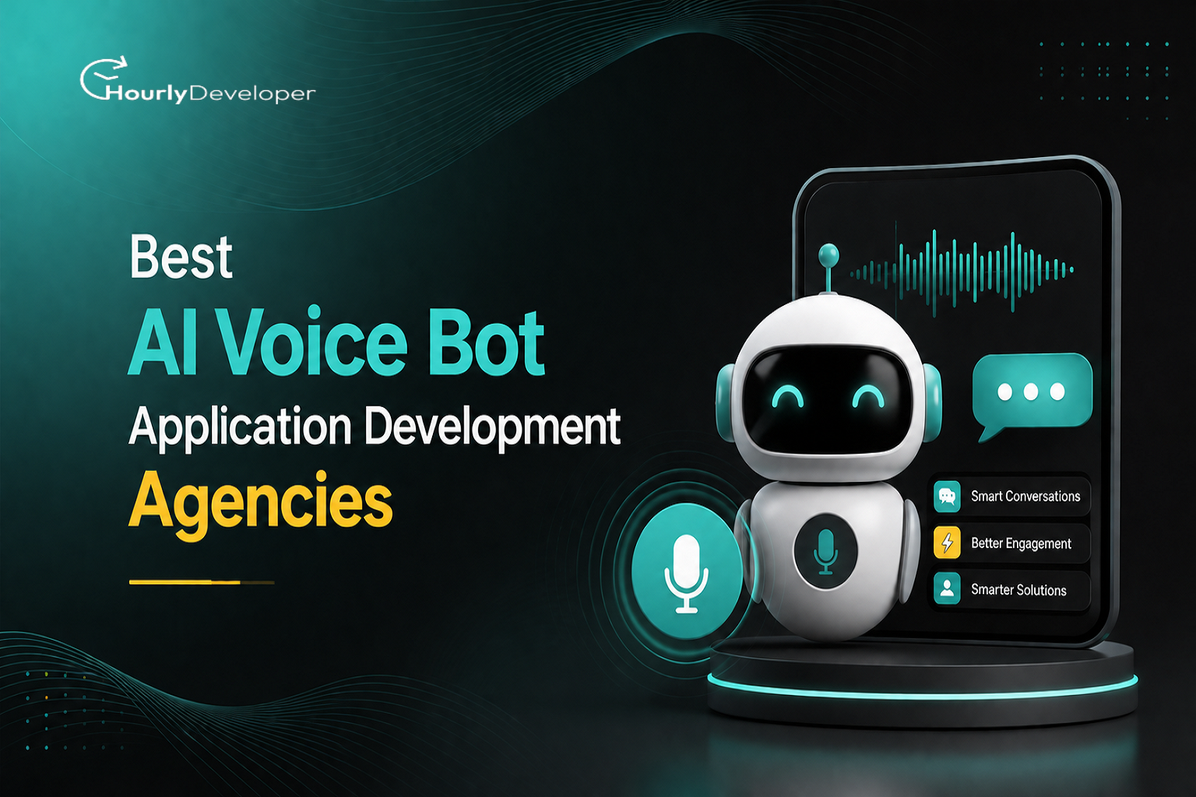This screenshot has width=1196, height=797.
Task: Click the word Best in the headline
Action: (x=181, y=257)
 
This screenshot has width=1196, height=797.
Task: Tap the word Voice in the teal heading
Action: (x=314, y=342)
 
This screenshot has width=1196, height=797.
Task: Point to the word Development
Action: (x=492, y=427)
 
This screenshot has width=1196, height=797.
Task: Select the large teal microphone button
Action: (x=687, y=571)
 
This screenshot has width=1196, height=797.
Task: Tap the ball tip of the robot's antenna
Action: (x=828, y=254)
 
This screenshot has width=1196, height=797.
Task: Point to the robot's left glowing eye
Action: (x=787, y=397)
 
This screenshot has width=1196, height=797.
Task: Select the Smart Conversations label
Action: (x=1025, y=497)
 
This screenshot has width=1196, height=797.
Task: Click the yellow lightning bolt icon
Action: (x=947, y=543)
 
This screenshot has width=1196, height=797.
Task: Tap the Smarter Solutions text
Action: (x=1018, y=590)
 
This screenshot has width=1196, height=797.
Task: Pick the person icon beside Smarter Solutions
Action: (x=947, y=589)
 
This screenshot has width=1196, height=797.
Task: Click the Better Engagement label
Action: (x=1021, y=543)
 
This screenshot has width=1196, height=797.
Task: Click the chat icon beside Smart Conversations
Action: (x=947, y=497)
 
